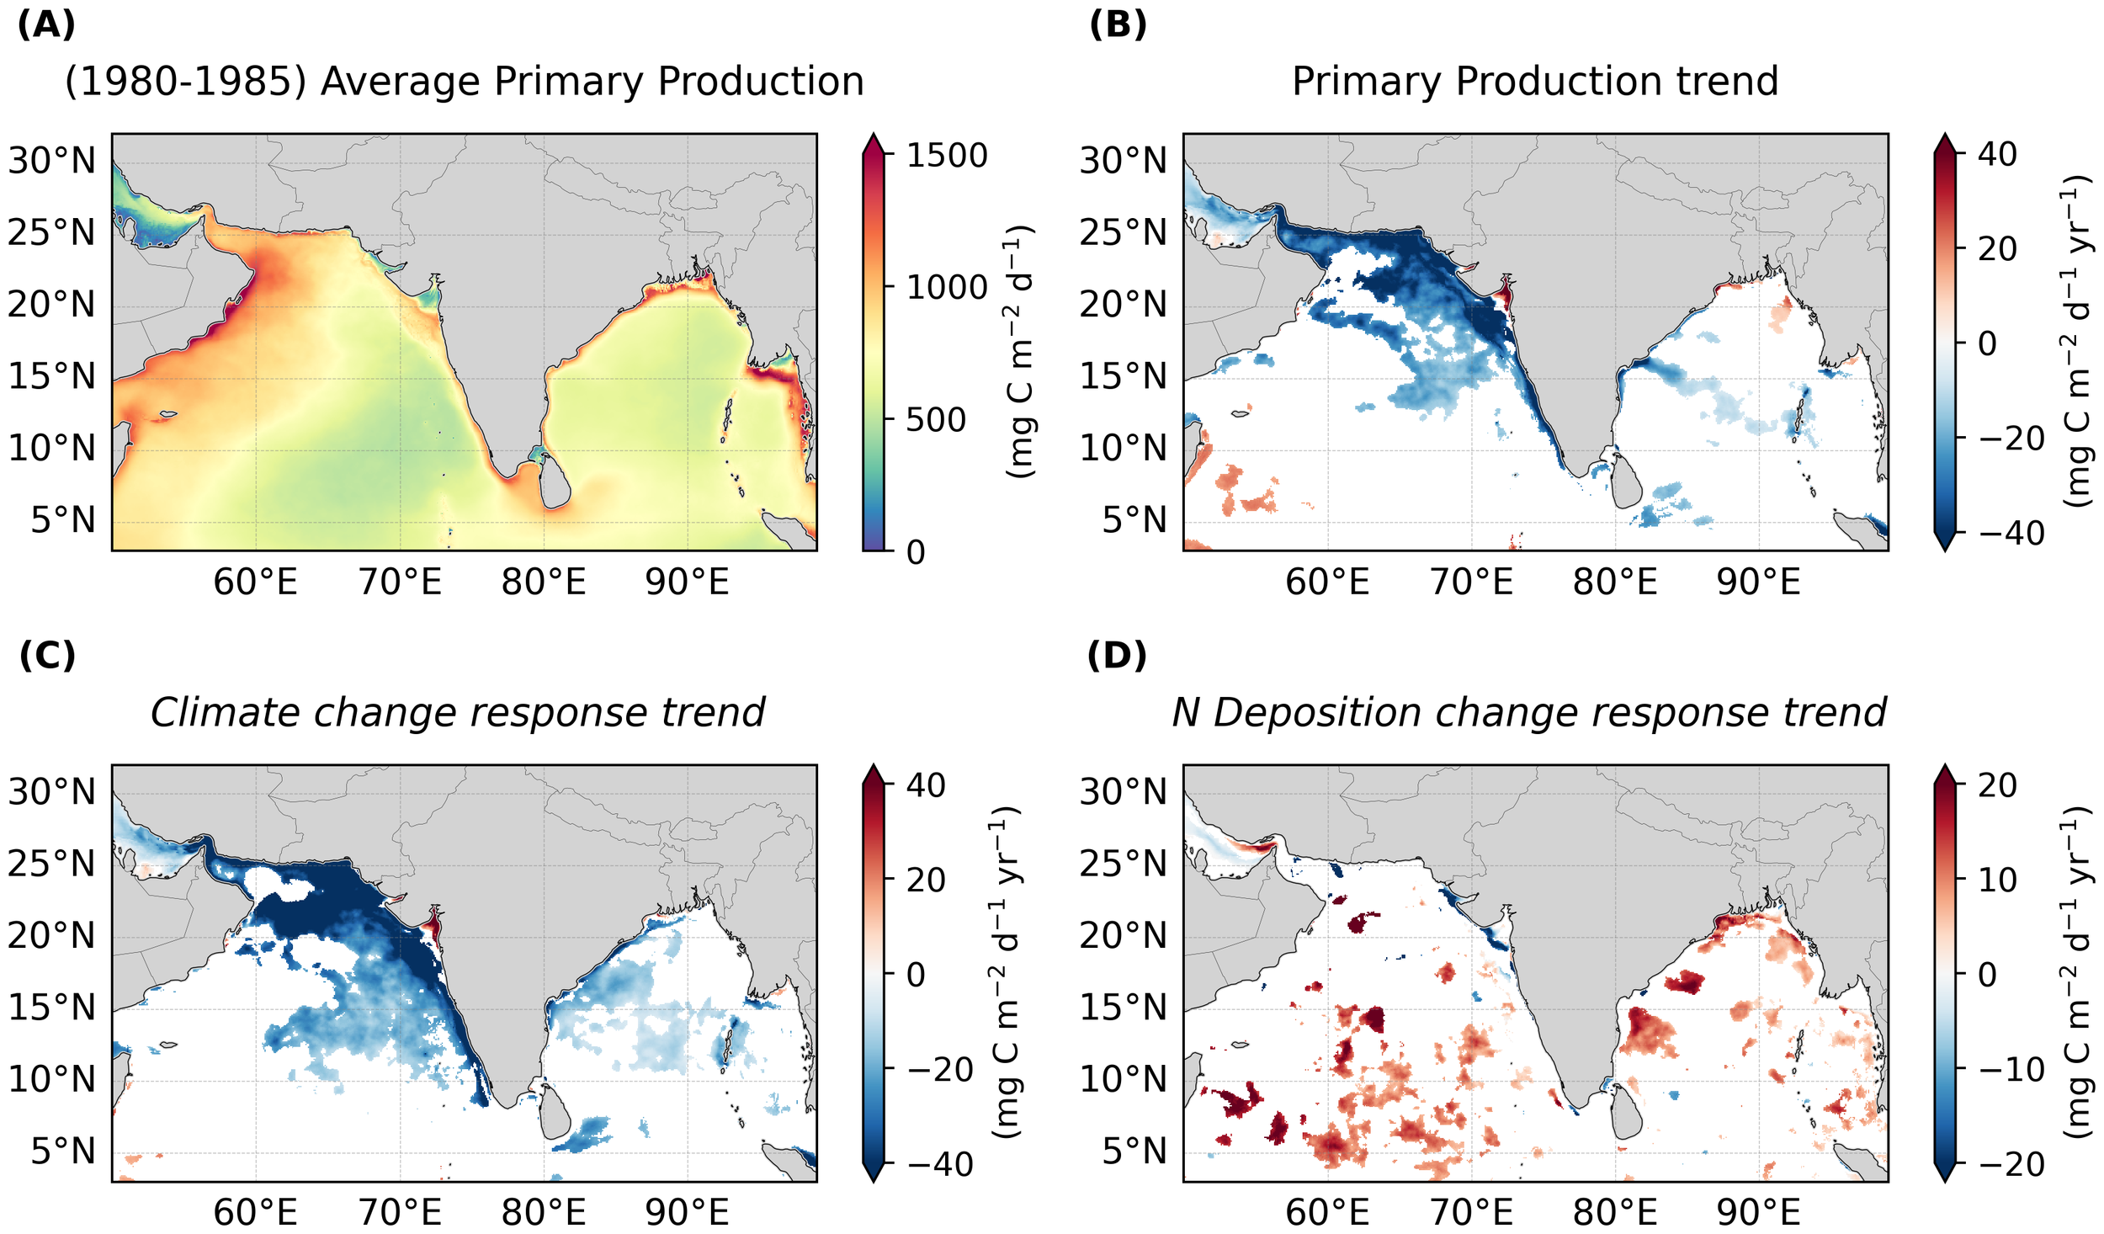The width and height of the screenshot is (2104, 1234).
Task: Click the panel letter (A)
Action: [x=46, y=25]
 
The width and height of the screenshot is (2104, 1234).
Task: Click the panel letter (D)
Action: [x=1117, y=656]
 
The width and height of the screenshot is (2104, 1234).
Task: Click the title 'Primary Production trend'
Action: [x=1534, y=82]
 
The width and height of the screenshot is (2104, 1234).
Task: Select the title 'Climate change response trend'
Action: [x=457, y=713]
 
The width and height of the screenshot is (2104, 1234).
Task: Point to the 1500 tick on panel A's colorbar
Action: [x=945, y=156]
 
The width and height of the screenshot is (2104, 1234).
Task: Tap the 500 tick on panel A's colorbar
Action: [x=935, y=420]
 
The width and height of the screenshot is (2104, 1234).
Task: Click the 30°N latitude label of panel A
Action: [x=52, y=161]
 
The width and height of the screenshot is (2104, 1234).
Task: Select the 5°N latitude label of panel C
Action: [x=63, y=1152]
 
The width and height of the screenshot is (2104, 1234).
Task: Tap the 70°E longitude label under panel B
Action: [x=1471, y=582]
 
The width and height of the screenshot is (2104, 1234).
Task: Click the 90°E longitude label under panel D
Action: [x=1758, y=1213]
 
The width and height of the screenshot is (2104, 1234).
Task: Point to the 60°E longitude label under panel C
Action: [x=255, y=1213]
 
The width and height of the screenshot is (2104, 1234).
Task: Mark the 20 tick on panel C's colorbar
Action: [x=925, y=880]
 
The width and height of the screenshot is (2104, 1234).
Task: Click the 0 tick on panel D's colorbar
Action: [x=1986, y=975]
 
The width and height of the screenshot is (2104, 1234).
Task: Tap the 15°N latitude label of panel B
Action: [x=1124, y=376]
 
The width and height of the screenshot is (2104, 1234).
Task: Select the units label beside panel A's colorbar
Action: [x=1019, y=352]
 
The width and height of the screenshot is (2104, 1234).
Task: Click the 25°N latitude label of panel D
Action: [x=1124, y=864]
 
